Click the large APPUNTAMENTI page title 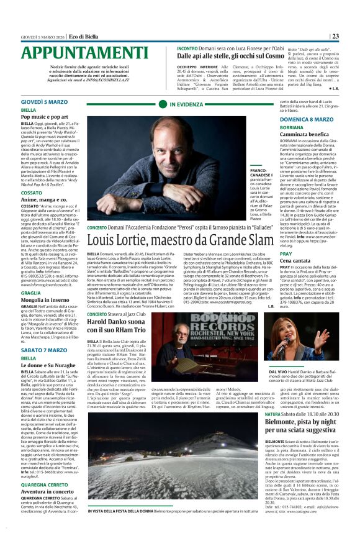pyautogui.click(x=79, y=52)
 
